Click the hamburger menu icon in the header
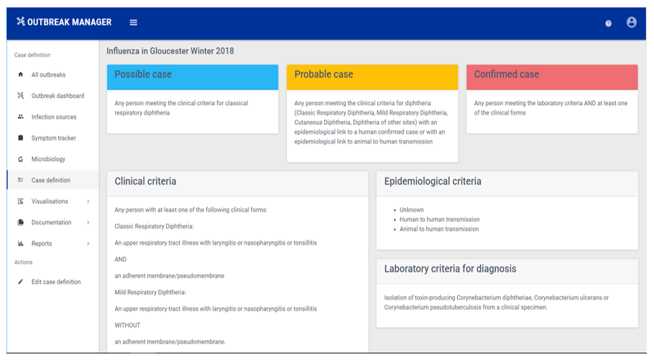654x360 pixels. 134,22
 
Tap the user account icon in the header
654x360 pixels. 632,22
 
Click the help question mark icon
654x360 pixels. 609,24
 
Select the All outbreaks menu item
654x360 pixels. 48,75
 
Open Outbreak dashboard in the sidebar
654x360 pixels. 57,96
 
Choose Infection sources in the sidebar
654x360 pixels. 54,117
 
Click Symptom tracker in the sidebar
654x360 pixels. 53,138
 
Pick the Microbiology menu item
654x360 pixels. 48,159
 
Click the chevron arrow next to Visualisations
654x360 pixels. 88,201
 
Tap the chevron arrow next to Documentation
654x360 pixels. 88,222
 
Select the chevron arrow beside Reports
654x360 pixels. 88,244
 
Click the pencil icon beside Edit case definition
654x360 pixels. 20,282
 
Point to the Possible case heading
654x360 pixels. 143,74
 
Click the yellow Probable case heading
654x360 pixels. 323,74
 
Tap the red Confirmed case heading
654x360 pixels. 507,74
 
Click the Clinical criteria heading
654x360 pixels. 145,182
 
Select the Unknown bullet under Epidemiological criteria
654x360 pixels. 411,210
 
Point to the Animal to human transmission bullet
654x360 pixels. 439,229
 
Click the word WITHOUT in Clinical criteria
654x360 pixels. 127,326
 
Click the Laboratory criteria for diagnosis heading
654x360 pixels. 450,269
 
